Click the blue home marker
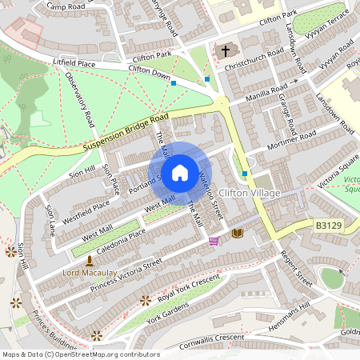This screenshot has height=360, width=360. pos(180,172)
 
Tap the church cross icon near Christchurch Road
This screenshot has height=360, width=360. pos(226,51)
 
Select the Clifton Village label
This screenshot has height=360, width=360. pos(250,194)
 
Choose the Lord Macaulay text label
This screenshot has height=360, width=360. pos(88,273)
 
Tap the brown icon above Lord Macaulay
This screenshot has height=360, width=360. pos(89,261)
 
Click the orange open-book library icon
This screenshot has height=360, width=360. pos(237,233)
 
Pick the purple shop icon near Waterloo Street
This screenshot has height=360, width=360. pos(214,240)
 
